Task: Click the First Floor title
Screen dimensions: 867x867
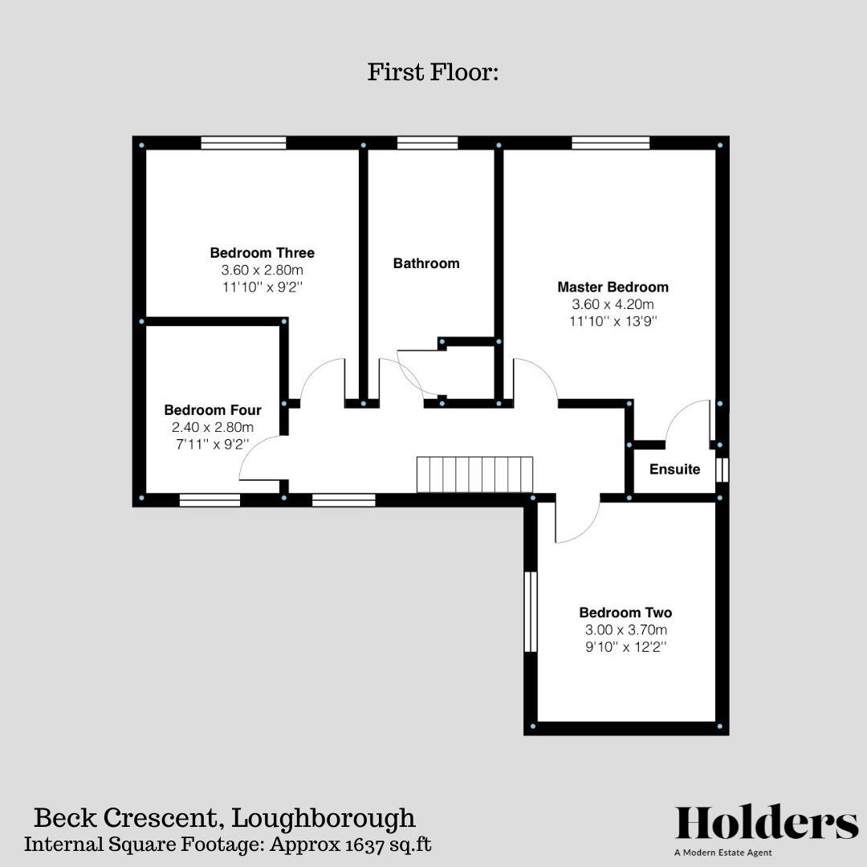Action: [433, 73]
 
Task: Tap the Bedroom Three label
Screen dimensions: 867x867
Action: [263, 253]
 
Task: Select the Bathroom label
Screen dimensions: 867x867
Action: [426, 263]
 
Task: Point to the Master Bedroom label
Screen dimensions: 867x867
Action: [613, 287]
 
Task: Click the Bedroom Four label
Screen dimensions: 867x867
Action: [213, 410]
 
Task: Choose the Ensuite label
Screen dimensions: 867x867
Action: [674, 470]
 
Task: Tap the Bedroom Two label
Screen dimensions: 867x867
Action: [625, 613]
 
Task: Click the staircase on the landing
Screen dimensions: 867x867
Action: [474, 474]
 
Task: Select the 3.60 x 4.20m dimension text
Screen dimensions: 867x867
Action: [613, 305]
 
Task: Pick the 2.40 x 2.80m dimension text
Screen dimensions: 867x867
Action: [213, 427]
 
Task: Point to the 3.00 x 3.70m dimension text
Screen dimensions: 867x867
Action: [625, 630]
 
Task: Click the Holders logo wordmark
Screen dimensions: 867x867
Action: [767, 823]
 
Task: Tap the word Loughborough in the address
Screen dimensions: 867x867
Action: [324, 819]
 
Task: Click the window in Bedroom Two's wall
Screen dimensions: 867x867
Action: [530, 612]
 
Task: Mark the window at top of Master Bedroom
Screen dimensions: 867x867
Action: [611, 143]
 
